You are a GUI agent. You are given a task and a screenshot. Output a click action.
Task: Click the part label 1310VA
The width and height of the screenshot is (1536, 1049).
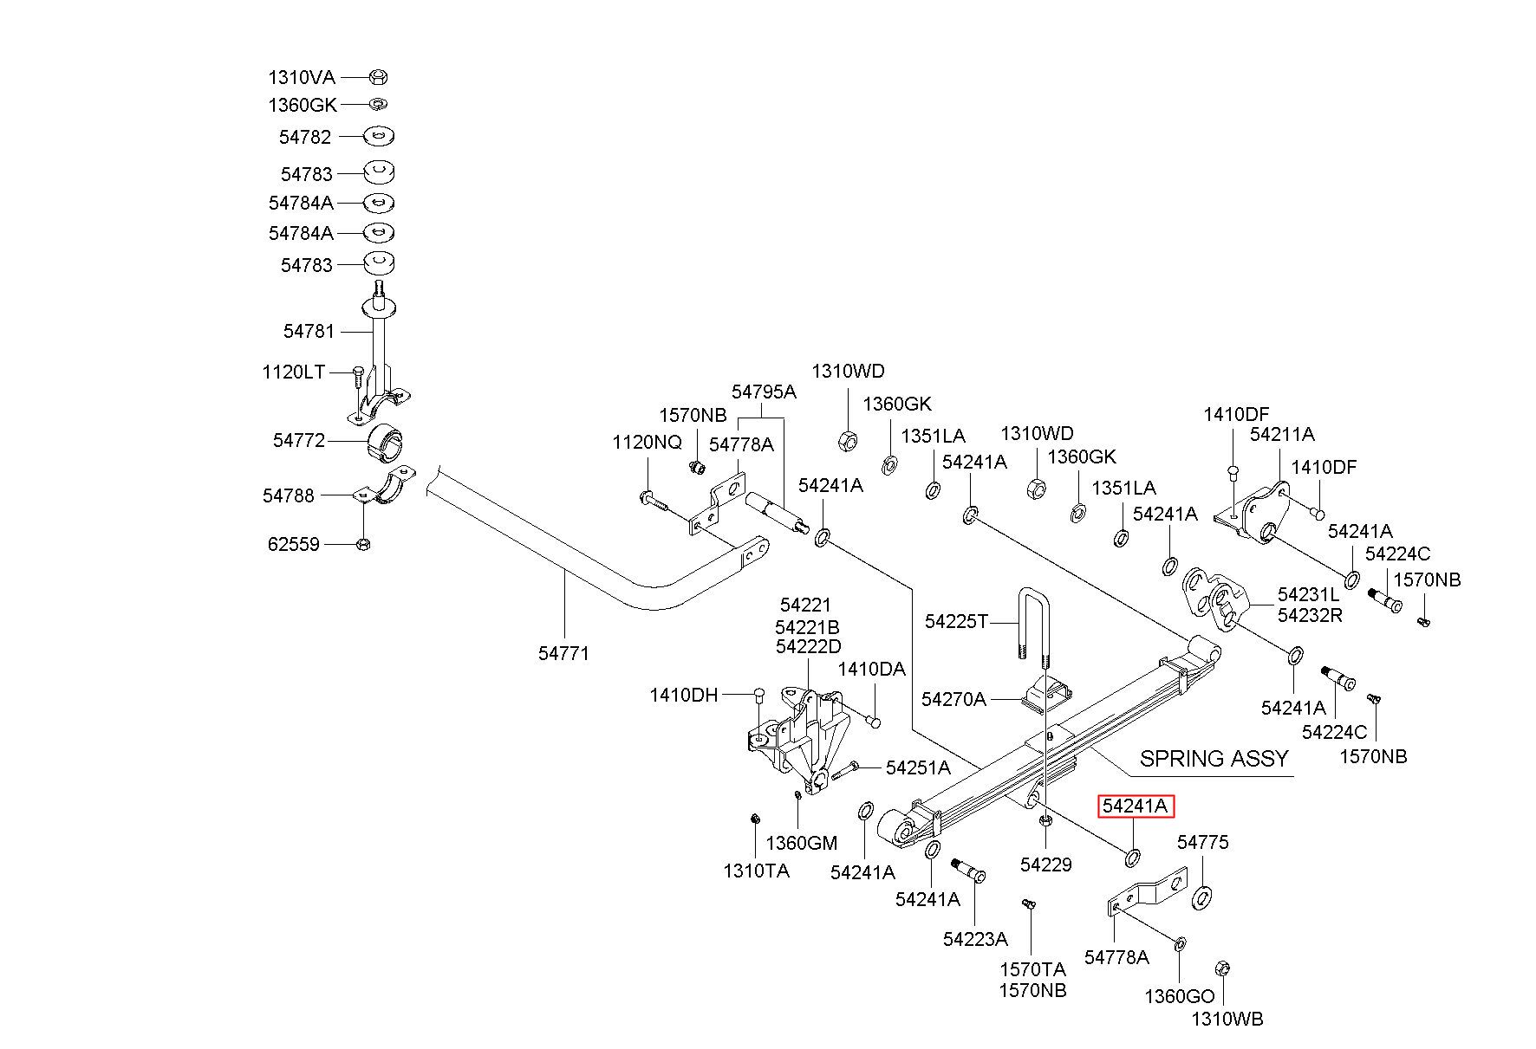point(301,77)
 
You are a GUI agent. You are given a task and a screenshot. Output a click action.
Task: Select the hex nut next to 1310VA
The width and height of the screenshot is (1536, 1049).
point(378,77)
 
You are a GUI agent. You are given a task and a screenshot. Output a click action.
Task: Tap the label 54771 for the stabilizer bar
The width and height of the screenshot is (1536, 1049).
point(563,653)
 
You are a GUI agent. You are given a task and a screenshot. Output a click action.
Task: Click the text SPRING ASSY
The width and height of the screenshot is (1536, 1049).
point(1214,759)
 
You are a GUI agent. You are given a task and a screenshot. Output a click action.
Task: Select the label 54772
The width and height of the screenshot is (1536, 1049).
point(299,440)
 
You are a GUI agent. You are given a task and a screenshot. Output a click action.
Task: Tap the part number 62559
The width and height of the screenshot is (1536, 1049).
point(293,544)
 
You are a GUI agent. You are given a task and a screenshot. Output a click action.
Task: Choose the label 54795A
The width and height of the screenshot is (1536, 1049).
point(764,392)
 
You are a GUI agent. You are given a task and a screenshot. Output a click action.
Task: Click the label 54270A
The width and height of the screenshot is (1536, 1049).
point(953,699)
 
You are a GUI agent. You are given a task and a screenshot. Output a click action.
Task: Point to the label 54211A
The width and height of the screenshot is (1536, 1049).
point(1282,434)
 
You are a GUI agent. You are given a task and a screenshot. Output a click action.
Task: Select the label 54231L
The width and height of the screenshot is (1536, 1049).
point(1308,595)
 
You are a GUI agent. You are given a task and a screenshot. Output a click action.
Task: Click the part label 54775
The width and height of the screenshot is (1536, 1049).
point(1202,842)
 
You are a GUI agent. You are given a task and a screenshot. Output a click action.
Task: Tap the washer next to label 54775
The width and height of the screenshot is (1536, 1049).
point(1202,897)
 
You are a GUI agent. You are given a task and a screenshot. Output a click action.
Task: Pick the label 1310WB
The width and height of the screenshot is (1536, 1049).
point(1227,1019)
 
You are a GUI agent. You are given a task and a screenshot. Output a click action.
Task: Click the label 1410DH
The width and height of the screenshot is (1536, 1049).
point(684,695)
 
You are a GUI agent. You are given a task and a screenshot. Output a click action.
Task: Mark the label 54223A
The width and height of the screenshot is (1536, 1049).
point(975,939)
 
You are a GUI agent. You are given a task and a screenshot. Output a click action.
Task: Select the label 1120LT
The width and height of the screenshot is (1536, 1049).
point(294,372)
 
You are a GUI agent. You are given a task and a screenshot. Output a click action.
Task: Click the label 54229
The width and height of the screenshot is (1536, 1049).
point(1046,864)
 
